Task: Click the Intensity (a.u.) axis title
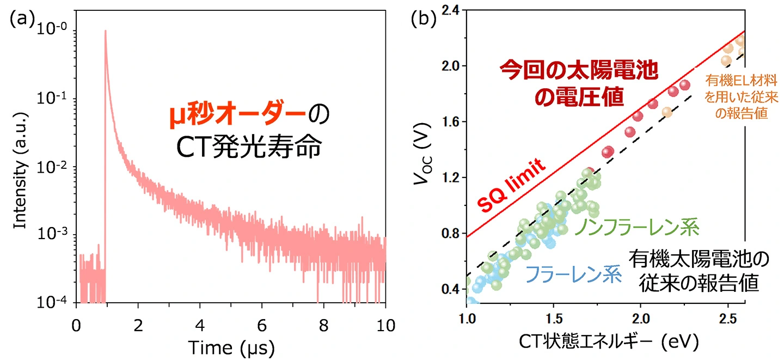(20, 166)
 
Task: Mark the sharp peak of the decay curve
(105, 32)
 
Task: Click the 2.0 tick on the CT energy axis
(641, 318)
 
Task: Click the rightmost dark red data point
(684, 85)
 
